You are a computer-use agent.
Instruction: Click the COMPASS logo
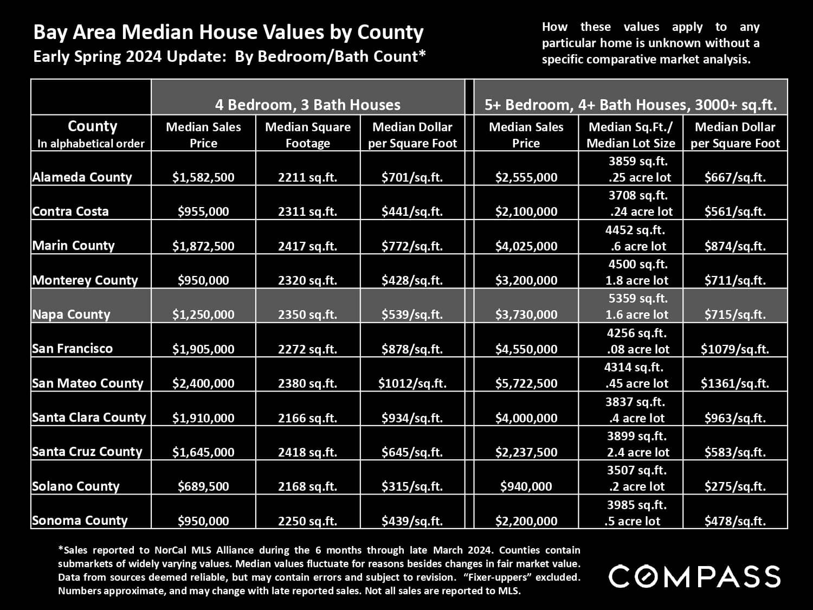click(x=694, y=576)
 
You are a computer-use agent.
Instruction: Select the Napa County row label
click(x=71, y=314)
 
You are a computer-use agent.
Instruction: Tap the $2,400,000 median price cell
click(x=203, y=383)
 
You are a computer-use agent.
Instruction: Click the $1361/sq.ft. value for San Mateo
click(x=734, y=383)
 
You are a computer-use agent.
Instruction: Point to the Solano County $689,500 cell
click(x=203, y=486)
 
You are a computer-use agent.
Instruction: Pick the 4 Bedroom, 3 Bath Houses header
click(x=307, y=105)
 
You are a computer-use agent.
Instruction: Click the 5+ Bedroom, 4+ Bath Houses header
click(x=630, y=105)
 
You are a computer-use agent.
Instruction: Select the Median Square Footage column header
click(x=307, y=134)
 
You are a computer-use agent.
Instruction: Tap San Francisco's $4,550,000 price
click(x=526, y=349)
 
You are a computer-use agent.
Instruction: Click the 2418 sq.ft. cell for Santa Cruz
click(x=307, y=452)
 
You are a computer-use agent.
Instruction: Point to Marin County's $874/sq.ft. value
click(x=734, y=246)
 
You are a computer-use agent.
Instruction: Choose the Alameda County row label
click(x=82, y=177)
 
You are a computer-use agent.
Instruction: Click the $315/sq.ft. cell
click(x=412, y=486)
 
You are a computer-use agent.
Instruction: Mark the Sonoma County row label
click(x=80, y=521)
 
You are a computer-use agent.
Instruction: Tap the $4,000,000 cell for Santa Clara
click(x=526, y=418)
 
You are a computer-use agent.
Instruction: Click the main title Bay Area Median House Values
click(x=228, y=33)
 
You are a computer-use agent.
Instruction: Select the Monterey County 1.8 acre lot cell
click(x=637, y=280)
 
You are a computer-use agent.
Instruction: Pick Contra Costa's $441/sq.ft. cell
click(x=412, y=211)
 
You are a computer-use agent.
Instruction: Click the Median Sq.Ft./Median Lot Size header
click(x=631, y=134)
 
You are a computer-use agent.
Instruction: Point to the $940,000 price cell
click(x=526, y=486)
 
